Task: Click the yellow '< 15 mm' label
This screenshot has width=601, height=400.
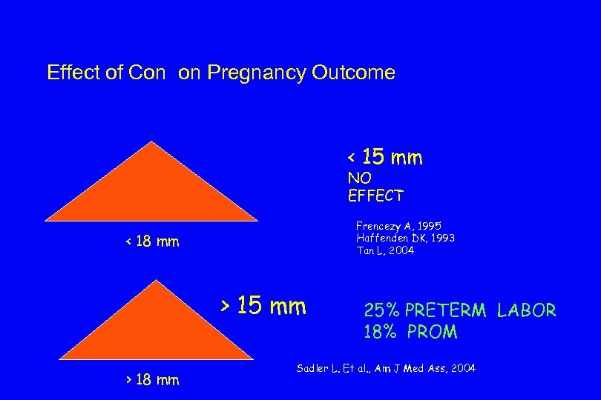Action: pyautogui.click(x=385, y=158)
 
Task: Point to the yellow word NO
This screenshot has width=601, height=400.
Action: pyautogui.click(x=360, y=179)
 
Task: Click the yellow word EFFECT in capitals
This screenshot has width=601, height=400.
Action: pyautogui.click(x=375, y=196)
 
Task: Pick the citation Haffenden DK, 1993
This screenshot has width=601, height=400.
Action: pyautogui.click(x=405, y=238)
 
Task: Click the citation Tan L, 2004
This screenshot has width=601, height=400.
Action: pyautogui.click(x=385, y=250)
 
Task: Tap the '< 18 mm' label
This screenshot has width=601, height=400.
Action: pyautogui.click(x=151, y=241)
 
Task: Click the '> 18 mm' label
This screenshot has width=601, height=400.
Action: pyautogui.click(x=151, y=380)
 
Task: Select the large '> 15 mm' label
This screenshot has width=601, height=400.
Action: pyautogui.click(x=263, y=305)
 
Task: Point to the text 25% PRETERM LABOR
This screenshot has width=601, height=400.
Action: pyautogui.click(x=459, y=310)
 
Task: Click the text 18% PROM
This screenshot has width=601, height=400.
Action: pyautogui.click(x=410, y=332)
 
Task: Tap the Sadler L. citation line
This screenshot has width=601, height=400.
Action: pyautogui.click(x=386, y=368)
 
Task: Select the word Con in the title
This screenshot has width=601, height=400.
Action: pyautogui.click(x=147, y=73)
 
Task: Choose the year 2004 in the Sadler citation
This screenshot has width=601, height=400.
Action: pyautogui.click(x=463, y=368)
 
